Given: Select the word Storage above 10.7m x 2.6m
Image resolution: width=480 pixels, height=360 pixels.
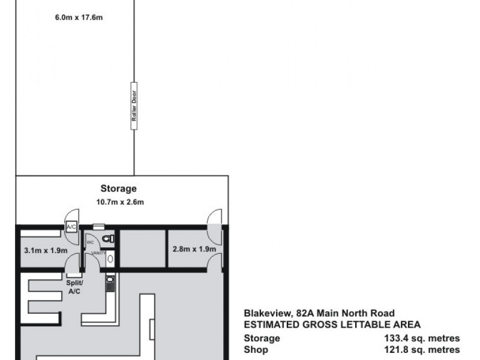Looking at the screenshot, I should tap(122, 188).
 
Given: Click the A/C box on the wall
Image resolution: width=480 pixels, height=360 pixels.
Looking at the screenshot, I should tap(71, 226).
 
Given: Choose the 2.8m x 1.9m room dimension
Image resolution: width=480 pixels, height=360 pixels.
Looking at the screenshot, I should tap(194, 248).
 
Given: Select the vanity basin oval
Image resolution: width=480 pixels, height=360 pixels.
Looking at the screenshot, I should tap(110, 260).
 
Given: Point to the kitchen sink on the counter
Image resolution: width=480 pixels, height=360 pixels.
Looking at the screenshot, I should tap(110, 282).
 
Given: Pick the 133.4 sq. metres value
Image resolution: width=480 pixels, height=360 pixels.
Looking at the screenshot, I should tap(422, 338).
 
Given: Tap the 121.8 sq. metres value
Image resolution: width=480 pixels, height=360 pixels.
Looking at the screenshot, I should tap(422, 350).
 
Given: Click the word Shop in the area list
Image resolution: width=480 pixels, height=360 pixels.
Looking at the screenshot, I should tap(255, 350).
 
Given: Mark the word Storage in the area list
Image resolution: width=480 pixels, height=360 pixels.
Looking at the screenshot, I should tap(262, 338).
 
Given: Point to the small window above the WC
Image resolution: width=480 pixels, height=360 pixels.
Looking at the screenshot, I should tap(99, 227).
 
